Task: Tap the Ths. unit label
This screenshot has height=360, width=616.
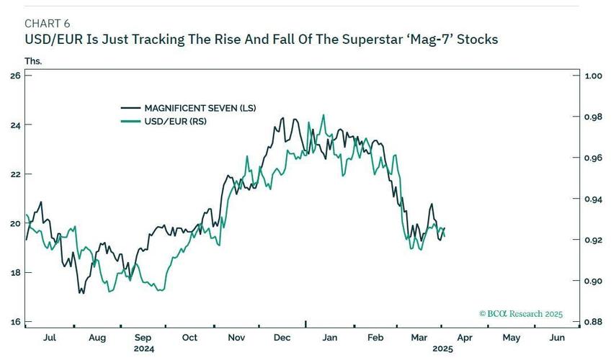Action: pyautogui.click(x=33, y=61)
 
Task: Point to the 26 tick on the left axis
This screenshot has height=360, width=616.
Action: pyautogui.click(x=15, y=76)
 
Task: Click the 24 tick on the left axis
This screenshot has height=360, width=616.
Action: pyautogui.click(x=15, y=125)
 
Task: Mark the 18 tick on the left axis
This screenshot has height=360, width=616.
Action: pyautogui.click(x=15, y=272)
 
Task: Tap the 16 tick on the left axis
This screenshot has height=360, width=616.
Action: pyautogui.click(x=15, y=322)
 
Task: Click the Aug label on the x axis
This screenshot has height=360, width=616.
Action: pyautogui.click(x=97, y=337)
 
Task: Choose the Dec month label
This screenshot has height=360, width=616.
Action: pyautogui.click(x=282, y=337)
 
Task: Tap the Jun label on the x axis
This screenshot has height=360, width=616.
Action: pyautogui.click(x=556, y=337)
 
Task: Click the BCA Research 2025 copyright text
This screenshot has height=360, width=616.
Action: pyautogui.click(x=520, y=314)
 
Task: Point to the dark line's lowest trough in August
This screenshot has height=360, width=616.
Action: pyautogui.click(x=81, y=293)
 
